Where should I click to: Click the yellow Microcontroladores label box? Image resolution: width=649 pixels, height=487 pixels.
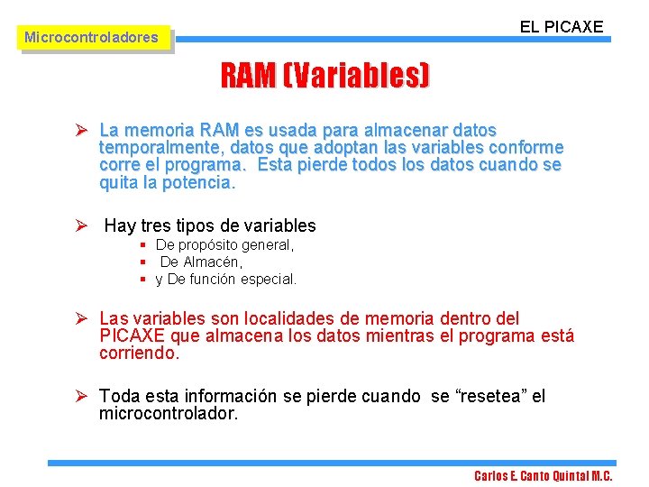pyautogui.click(x=91, y=38)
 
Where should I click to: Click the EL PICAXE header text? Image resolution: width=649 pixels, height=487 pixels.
pyautogui.click(x=561, y=26)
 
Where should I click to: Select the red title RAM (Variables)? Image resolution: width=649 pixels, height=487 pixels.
pyautogui.click(x=325, y=77)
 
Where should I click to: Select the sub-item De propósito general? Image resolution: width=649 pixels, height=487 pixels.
pyautogui.click(x=224, y=245)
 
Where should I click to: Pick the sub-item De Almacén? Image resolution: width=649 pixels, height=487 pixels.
pyautogui.click(x=201, y=262)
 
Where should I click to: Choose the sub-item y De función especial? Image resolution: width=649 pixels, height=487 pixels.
pyautogui.click(x=225, y=280)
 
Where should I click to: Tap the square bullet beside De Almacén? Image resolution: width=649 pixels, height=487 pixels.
pyautogui.click(x=143, y=262)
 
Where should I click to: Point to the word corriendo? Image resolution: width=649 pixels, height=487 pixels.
pyautogui.click(x=139, y=354)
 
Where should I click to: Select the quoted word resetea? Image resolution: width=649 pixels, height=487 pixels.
pyautogui.click(x=479, y=396)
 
